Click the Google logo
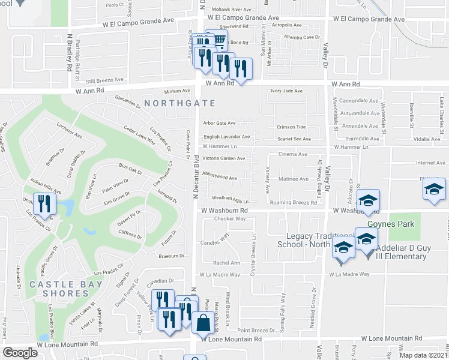coord(20,353)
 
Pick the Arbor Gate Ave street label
coord(219,123)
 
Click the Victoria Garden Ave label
coord(224,158)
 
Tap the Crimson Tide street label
coord(291,127)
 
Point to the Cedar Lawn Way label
coord(140,136)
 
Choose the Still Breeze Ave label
coord(104,80)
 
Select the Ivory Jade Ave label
coord(286,91)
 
